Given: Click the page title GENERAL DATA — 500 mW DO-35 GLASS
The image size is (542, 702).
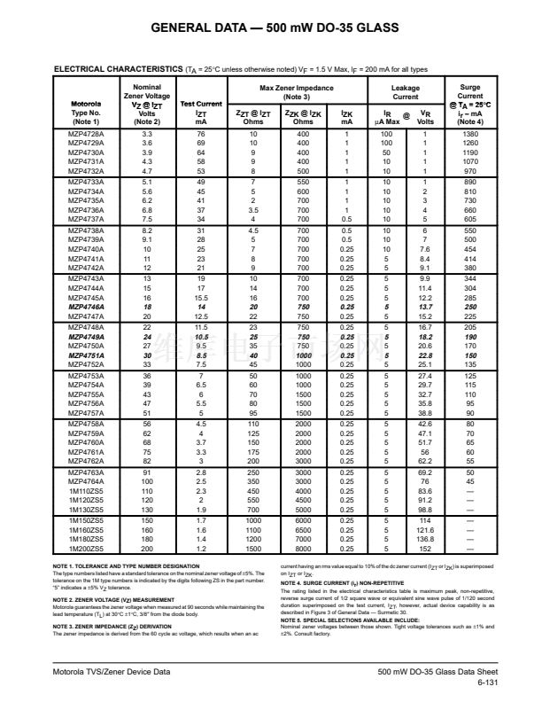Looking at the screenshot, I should pos(270,28).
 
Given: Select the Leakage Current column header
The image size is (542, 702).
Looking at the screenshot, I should pos(406,92).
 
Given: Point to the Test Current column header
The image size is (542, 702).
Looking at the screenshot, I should pos(201,104).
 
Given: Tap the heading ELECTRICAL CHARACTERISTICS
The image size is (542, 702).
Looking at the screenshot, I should pos(118,68).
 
